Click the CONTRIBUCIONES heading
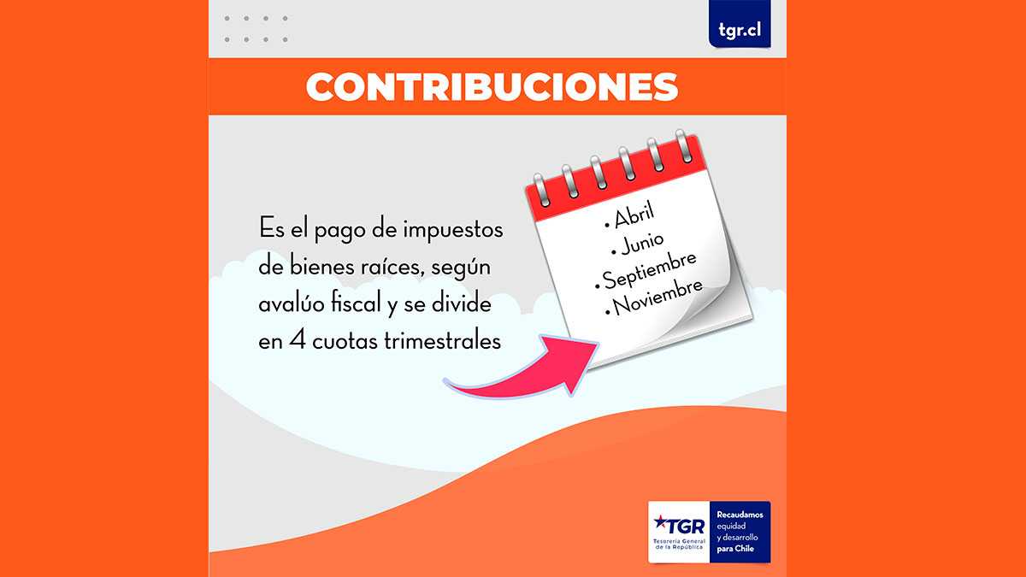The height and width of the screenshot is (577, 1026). click(x=492, y=87)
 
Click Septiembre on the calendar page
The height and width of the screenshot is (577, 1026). click(x=649, y=271)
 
